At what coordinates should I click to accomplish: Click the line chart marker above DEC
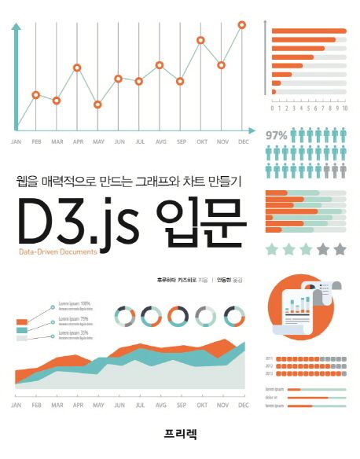pyautogui.click(x=241, y=25)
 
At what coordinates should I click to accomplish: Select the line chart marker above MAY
pyautogui.click(x=97, y=104)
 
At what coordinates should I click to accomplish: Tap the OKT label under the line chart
pyautogui.click(x=201, y=141)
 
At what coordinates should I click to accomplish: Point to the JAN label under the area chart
pyautogui.click(x=17, y=406)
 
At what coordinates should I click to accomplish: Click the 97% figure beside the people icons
pyautogui.click(x=277, y=135)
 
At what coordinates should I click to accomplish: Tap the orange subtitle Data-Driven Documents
pyautogui.click(x=56, y=253)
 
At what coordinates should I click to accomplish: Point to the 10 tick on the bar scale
pyautogui.click(x=345, y=108)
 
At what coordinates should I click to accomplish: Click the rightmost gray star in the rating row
pyautogui.click(x=340, y=249)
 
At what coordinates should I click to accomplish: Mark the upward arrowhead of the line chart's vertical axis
pyautogui.click(x=16, y=28)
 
